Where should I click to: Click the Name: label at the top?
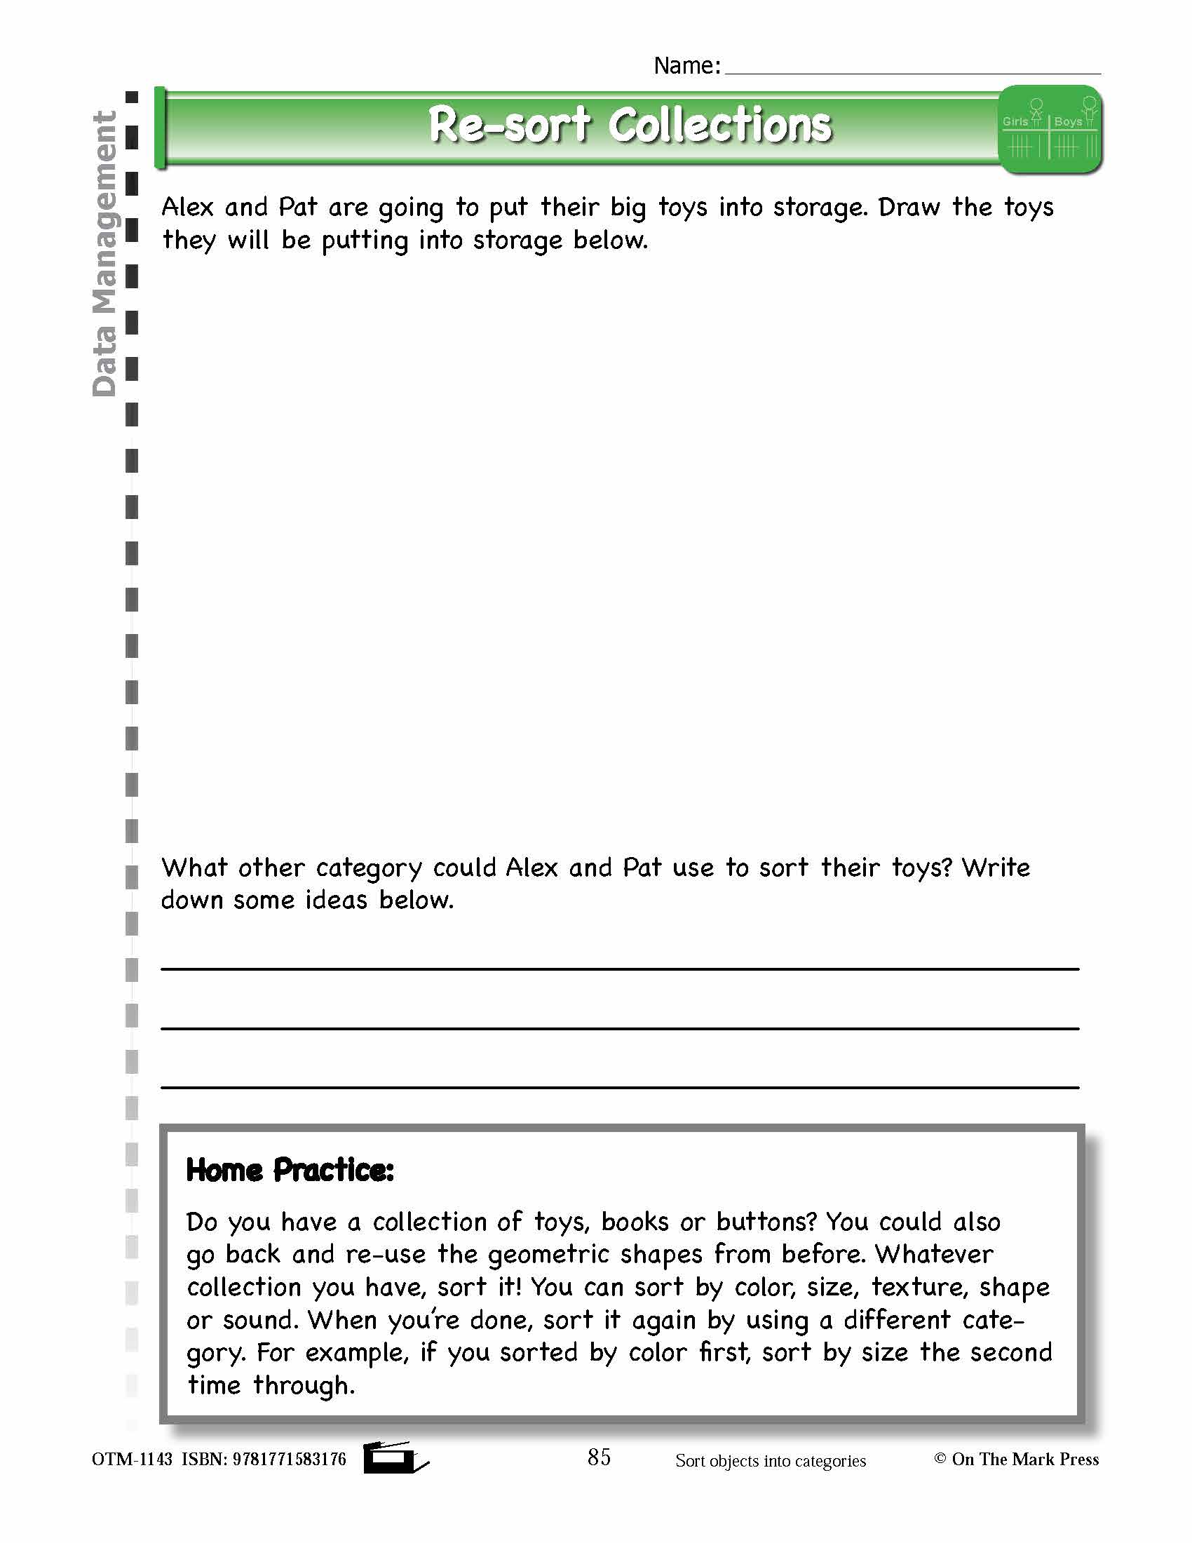686,66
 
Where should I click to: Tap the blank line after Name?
912,72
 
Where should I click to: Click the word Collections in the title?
720,126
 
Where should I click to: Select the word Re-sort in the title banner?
508,126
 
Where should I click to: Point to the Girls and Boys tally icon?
1050,130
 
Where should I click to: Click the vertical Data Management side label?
104,255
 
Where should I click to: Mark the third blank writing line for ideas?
620,1086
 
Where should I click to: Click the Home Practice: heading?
290,1171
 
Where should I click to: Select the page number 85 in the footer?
599,1457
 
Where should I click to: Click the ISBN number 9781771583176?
290,1460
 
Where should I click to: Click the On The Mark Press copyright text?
1017,1460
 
